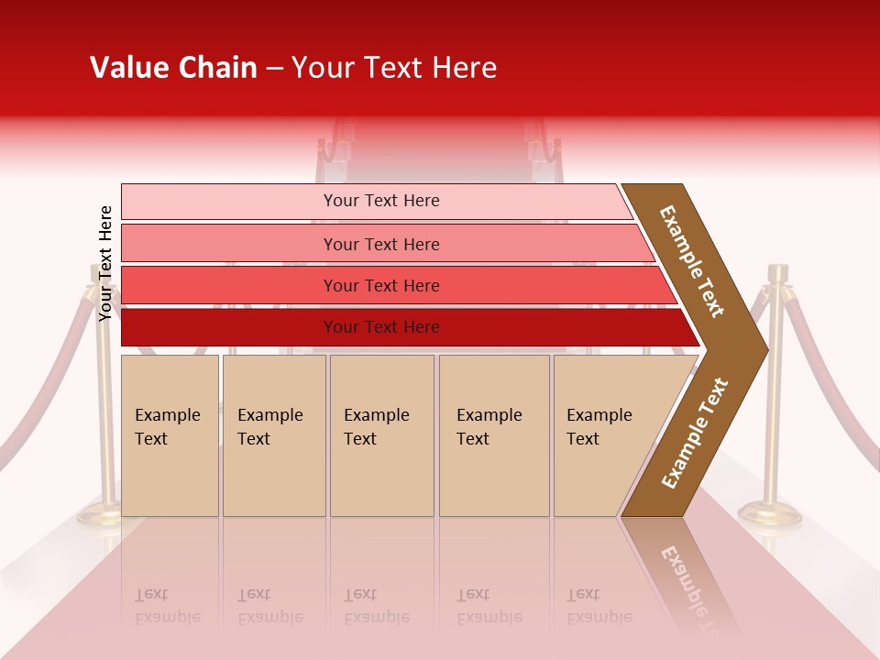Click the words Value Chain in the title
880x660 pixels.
pos(173,68)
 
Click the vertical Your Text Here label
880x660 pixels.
pos(105,264)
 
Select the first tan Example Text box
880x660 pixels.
pos(170,435)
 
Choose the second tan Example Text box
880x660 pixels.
pos(274,435)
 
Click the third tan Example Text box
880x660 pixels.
pos(381,435)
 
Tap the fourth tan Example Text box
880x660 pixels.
pos(494,435)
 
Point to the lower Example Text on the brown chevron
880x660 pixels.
pos(695,433)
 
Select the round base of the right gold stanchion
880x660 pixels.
pos(770,514)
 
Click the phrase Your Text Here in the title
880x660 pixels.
pos(394,68)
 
